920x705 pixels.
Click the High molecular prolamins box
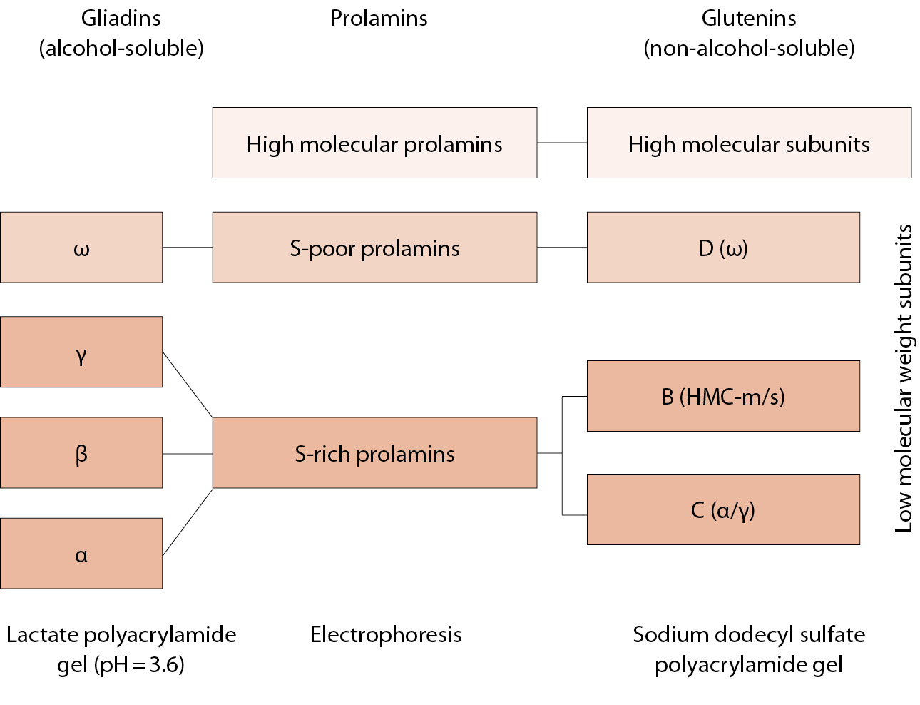(374, 143)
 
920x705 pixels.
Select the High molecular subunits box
(749, 143)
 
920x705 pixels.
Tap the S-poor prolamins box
(374, 248)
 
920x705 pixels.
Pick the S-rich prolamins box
(374, 453)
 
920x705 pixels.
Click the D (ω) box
(723, 248)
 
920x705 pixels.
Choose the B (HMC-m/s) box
(723, 396)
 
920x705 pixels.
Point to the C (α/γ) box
(723, 509)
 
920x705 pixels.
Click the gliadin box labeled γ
(81, 352)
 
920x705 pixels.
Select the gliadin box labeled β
(81, 453)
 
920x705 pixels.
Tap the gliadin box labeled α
(81, 554)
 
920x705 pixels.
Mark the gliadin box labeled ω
(81, 248)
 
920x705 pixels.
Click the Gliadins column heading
(121, 19)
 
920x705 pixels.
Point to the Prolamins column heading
(379, 19)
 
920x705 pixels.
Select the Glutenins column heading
(749, 19)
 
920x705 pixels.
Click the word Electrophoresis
(386, 634)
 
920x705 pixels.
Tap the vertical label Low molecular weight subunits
(904, 378)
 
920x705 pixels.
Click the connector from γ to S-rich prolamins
(188, 385)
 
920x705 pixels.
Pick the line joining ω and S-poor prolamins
(188, 248)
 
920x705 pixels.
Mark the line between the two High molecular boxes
(562, 143)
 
